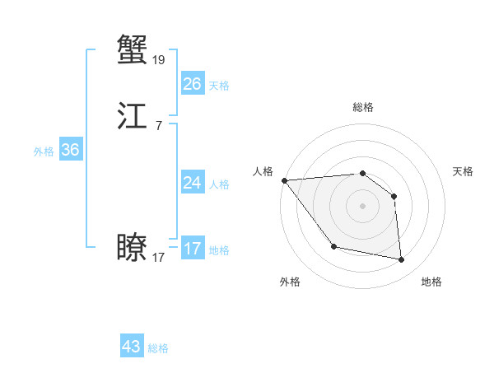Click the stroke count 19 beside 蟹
coord(159,59)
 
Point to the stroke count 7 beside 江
coord(159,125)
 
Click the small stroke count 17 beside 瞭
coord(159,258)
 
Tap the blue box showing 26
coord(192,84)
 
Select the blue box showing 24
coord(192,183)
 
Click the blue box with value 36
coord(70,150)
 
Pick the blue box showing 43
coord(132,347)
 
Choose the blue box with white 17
coord(192,249)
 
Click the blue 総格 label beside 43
coord(158,348)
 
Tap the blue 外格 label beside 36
coord(44,152)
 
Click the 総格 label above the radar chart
coord(362,107)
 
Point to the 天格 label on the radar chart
coord(464,171)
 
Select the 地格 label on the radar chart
coord(431,282)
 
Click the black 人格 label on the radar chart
coord(263,171)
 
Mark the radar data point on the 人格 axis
coord(284,180)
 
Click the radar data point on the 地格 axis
coord(402,260)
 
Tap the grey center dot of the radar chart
coord(362,206)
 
